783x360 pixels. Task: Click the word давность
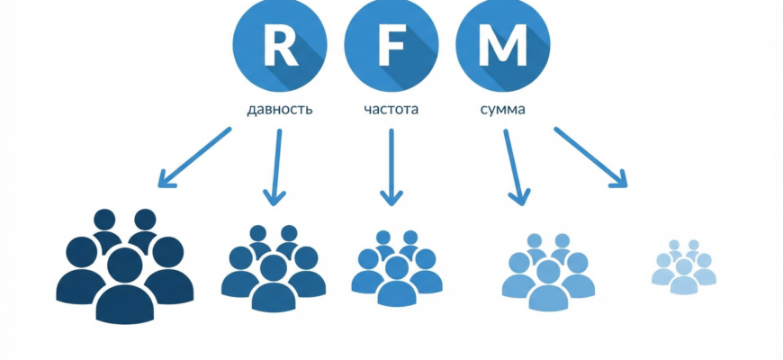(x=280, y=111)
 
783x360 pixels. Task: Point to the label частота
(x=391, y=111)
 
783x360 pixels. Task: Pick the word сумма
(x=502, y=111)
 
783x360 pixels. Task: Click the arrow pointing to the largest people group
(x=194, y=157)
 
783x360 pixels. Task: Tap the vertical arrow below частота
(x=391, y=167)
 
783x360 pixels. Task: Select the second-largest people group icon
(x=274, y=269)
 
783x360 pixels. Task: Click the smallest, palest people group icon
(x=684, y=266)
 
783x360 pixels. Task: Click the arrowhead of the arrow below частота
(x=391, y=196)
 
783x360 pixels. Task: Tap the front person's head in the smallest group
(x=684, y=266)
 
